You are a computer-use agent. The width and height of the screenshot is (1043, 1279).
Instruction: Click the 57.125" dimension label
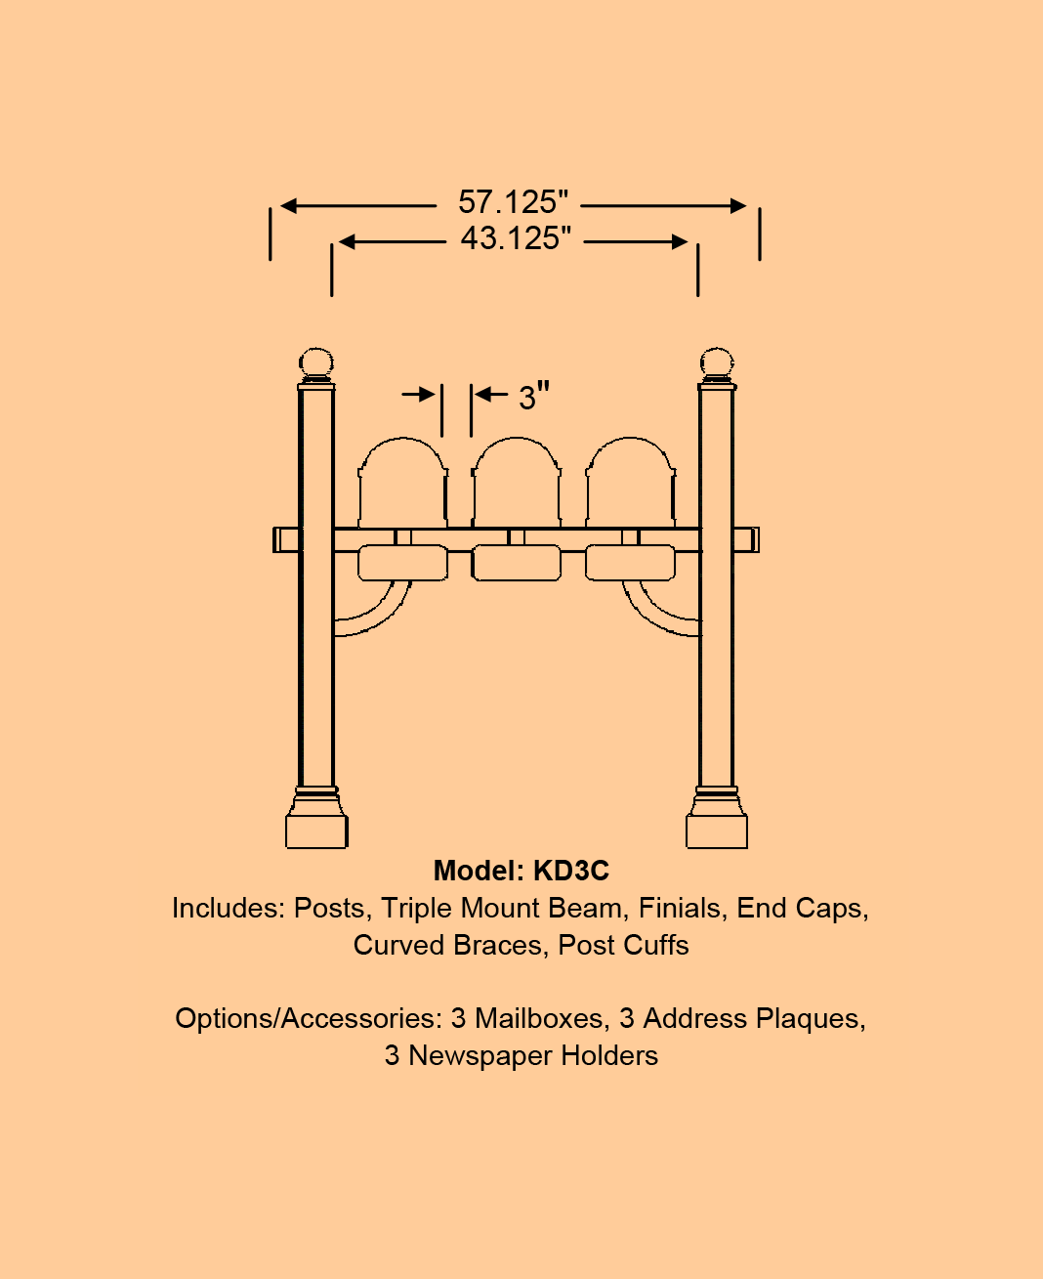[x=513, y=203]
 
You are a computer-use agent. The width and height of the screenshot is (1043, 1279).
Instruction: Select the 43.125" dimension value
[x=516, y=238]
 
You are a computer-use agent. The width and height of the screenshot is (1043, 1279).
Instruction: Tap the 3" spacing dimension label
[x=533, y=397]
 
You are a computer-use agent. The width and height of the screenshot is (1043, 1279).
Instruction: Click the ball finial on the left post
[x=316, y=363]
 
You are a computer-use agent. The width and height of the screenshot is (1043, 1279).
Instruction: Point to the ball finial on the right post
[x=717, y=363]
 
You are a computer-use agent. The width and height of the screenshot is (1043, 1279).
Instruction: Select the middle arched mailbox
[x=517, y=484]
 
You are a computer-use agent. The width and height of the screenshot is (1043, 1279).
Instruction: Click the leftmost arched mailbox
[x=403, y=484]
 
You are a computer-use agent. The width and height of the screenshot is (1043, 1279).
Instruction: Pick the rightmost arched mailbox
[x=630, y=484]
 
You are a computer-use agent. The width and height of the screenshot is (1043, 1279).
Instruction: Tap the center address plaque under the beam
[x=517, y=563]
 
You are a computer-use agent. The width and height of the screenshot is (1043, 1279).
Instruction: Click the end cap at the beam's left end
[x=285, y=539]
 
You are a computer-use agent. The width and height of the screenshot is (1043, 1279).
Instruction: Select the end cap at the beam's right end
[x=747, y=539]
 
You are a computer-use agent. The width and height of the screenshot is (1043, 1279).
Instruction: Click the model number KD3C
[x=571, y=872]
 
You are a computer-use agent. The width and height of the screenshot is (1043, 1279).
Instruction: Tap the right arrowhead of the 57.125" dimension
[x=738, y=205]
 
